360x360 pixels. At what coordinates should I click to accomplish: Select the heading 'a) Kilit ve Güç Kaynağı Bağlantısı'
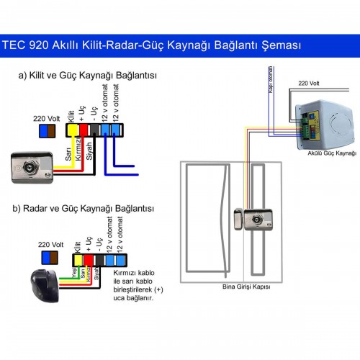point(89,75)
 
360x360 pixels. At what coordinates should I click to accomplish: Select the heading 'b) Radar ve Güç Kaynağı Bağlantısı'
point(84,208)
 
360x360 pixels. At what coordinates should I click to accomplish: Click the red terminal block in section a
point(82,130)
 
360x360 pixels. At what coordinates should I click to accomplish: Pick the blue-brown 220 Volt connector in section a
point(48,130)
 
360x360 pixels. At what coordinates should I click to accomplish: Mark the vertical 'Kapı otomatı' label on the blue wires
point(269,81)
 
